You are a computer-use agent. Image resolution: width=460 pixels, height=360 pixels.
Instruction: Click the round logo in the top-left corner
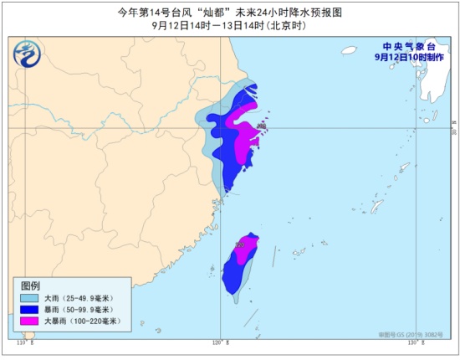tap(27, 56)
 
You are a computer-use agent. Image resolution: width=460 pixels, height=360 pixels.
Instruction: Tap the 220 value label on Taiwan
tap(240, 244)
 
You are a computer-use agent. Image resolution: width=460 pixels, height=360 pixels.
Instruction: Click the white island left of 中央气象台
tap(349, 50)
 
